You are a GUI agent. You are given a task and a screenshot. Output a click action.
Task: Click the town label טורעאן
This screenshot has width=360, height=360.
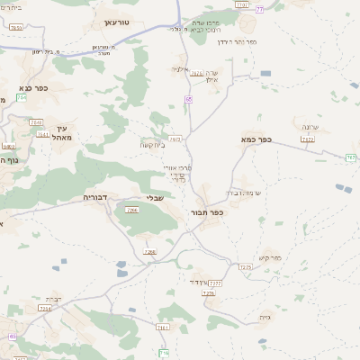click(117, 21)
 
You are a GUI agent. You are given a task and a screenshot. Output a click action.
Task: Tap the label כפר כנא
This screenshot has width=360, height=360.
click(32, 88)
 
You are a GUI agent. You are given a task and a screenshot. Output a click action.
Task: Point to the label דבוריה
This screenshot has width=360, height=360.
click(95, 195)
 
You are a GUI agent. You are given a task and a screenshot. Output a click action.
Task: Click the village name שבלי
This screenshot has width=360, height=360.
click(154, 198)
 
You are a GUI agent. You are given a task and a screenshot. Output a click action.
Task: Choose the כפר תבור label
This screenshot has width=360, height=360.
click(206, 213)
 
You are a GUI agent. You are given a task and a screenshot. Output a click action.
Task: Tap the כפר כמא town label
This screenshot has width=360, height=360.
click(256, 140)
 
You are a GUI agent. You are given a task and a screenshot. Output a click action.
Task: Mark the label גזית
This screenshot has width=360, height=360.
click(264, 317)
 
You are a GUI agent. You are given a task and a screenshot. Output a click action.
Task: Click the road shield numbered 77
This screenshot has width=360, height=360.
click(260, 8)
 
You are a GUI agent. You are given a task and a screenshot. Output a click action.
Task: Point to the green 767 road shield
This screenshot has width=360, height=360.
click(350, 157)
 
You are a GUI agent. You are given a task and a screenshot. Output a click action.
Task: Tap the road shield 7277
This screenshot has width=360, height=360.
click(215, 283)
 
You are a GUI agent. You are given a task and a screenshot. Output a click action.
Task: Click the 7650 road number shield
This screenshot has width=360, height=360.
click(8, 145)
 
